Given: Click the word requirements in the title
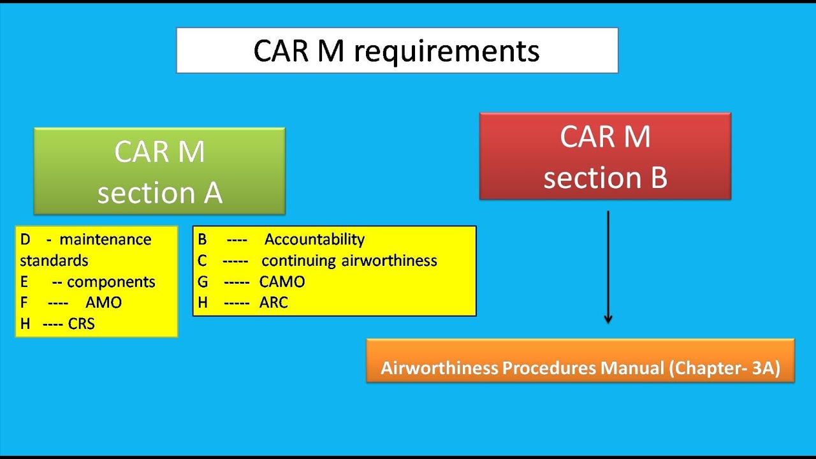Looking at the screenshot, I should [446, 51].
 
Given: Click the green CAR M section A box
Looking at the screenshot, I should [159, 171].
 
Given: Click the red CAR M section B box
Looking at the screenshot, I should [605, 156].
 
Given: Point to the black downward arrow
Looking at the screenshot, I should [608, 268].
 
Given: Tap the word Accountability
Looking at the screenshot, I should [314, 240].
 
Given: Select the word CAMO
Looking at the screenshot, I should [282, 282].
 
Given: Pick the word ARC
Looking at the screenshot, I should [273, 303].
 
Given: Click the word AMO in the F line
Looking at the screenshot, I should [103, 303].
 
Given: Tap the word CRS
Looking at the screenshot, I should [81, 324].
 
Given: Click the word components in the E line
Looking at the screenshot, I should [111, 282].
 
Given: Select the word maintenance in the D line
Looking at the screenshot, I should [105, 240].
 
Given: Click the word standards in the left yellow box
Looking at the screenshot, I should [54, 261].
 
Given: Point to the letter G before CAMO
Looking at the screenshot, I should [203, 282].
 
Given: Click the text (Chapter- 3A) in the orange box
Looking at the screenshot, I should [724, 368].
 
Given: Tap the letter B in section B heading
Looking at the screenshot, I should [658, 178].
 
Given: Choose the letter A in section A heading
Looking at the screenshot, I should [213, 193].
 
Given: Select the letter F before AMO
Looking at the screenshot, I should [24, 303].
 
